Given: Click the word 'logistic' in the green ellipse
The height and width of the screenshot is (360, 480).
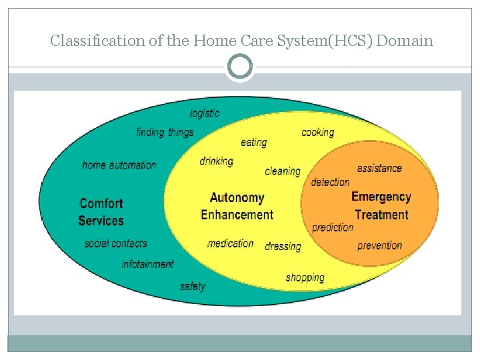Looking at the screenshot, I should pos(205,113).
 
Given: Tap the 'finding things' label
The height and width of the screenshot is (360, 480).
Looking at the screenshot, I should pos(165,132).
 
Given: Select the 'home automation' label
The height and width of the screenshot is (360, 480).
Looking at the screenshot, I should pos(119,165).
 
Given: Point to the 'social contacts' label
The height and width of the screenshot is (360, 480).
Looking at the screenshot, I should pos(115,243).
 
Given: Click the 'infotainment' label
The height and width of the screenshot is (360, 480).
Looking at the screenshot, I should pos(147,264).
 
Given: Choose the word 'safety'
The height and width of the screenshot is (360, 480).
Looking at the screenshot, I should pos(193,286).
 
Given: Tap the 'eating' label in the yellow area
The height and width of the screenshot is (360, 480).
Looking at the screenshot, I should pos(254,142).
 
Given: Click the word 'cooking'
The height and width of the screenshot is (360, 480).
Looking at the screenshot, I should pos(318,132).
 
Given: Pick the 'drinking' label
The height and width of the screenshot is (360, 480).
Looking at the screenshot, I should pos(217,161).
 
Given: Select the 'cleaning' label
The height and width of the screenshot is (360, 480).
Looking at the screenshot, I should pos(283,171).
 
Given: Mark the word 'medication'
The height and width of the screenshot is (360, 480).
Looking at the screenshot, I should pos(231,243).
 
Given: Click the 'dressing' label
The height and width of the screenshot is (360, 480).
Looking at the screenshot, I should pos(283,246).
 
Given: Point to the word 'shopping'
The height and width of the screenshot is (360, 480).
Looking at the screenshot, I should pos(305,277).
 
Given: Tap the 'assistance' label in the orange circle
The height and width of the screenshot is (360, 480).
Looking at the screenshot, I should pos(379,168).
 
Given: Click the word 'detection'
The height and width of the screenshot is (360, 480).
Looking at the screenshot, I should pos(330,182).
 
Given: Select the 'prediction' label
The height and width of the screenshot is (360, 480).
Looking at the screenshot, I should pos(333,227).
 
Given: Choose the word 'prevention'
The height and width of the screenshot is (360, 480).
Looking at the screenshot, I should pos(380,245).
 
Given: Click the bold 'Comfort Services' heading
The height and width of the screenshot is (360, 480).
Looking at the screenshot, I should pos(101,212).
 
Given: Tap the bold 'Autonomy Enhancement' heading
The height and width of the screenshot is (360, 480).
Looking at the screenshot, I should pos(237,206).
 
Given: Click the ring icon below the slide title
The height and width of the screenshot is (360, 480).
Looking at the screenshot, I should pos(240,67).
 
